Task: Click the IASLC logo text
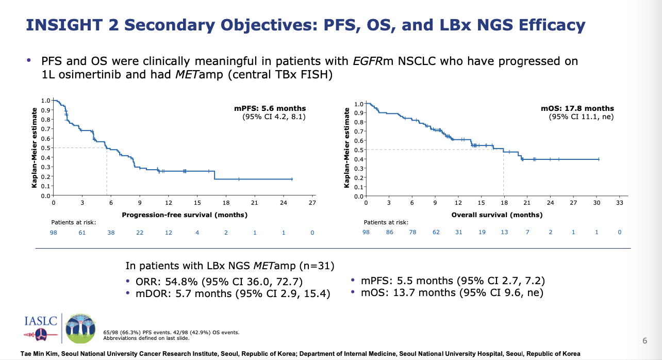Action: [x=38, y=321]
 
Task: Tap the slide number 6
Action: [x=644, y=341]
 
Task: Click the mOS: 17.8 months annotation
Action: [x=577, y=108]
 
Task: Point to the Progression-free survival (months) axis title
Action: [x=185, y=215]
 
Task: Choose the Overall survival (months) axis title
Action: [x=496, y=215]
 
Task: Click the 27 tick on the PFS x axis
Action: [x=312, y=204]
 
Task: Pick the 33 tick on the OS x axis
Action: [x=619, y=204]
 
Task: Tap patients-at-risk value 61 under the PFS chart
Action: [x=82, y=233]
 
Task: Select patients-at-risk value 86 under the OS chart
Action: [x=390, y=232]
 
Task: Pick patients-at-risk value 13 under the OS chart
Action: [x=504, y=232]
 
